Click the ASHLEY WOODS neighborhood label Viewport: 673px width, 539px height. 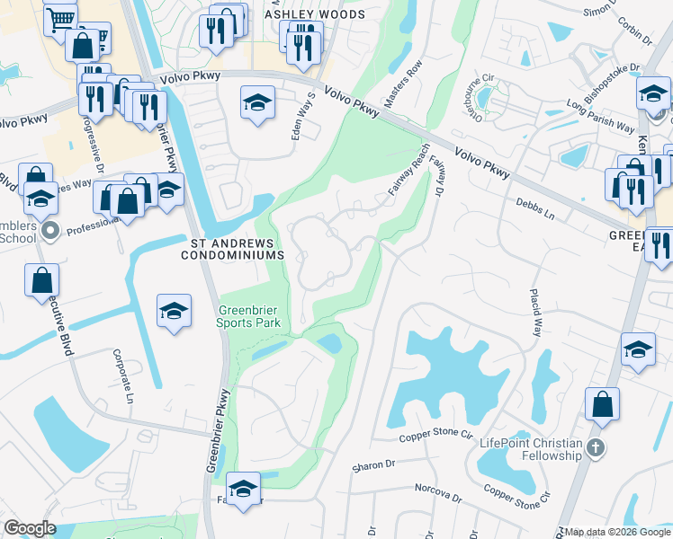pyautogui.click(x=315, y=15)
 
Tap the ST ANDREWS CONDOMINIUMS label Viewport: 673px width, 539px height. pyautogui.click(x=238, y=249)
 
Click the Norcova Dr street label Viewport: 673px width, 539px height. pyautogui.click(x=437, y=492)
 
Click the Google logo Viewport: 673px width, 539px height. pyautogui.click(x=30, y=528)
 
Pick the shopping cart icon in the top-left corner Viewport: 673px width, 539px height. pyautogui.click(x=60, y=17)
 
